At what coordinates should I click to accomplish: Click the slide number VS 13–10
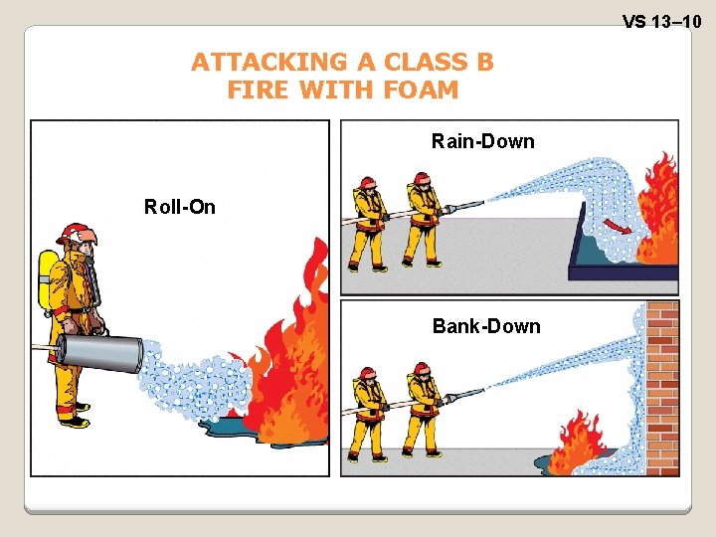tap(661, 20)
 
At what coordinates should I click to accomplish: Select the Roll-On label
tap(179, 207)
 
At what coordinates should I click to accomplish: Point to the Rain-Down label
tap(482, 141)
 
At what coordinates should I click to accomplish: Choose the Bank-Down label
tap(486, 326)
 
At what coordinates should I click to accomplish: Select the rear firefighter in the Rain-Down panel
tap(370, 224)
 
